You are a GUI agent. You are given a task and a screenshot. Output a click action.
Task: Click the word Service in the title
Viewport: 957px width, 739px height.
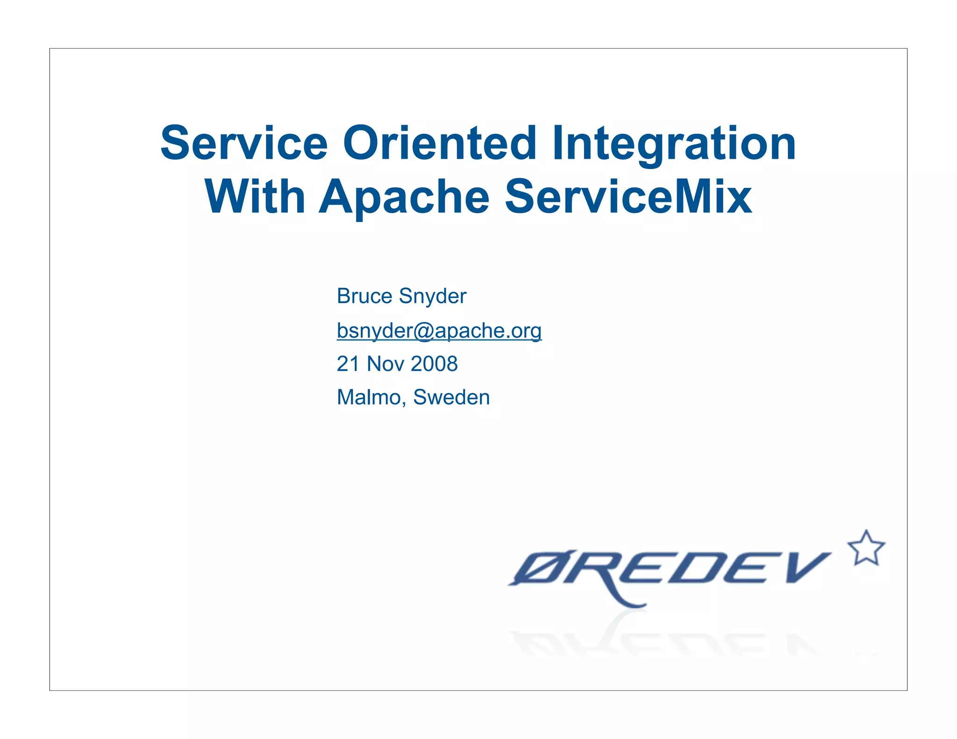pos(244,143)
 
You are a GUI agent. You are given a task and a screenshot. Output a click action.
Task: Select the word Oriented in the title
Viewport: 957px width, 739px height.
pos(439,143)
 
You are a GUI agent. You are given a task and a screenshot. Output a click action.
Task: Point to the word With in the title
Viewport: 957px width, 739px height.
pos(255,197)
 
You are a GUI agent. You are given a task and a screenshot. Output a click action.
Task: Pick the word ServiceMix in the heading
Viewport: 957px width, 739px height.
pos(628,197)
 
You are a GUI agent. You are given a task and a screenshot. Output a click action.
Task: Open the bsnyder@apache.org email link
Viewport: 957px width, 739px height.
pos(439,331)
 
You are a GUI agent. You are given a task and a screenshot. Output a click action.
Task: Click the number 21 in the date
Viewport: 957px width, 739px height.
pos(348,364)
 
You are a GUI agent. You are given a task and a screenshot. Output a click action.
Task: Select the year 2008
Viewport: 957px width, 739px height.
pos(434,364)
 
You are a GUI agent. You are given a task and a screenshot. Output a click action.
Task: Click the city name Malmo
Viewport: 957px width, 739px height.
pos(371,398)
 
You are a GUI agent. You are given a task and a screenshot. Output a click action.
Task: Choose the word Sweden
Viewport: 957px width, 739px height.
pos(451,398)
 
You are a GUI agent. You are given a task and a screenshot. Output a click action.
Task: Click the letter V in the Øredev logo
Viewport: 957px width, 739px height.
pos(805,567)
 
